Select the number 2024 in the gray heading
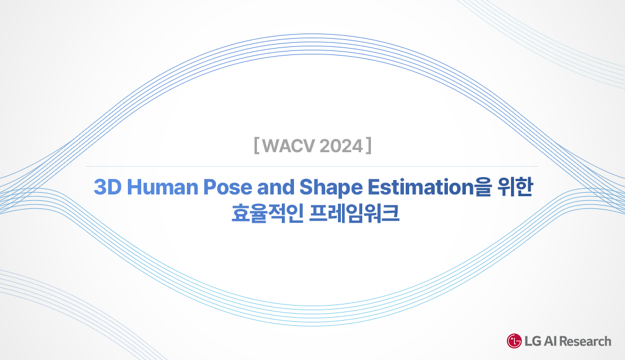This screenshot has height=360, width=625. coord(339,146)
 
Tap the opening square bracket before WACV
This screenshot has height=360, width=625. coord(256,146)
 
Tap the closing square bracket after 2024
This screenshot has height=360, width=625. coord(368,146)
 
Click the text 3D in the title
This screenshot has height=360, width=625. coord(105,188)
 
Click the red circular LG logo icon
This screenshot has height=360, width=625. coord(513,341)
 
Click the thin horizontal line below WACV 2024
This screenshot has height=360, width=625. coord(312,167)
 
